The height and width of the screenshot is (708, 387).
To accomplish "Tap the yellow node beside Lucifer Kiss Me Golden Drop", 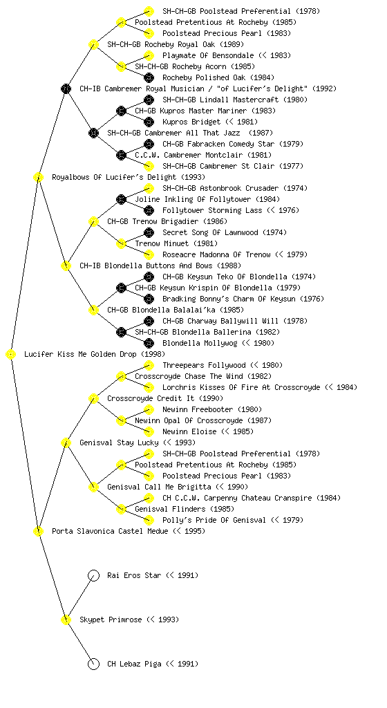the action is pos(11,355).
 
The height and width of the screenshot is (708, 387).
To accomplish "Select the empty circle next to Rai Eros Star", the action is pos(93,575).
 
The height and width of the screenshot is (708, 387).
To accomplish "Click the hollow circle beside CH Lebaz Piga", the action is pos(93,664).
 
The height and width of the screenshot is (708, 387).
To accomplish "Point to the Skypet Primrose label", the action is pos(108,619).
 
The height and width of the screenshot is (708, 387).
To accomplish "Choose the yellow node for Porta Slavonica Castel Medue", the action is pos(38,531).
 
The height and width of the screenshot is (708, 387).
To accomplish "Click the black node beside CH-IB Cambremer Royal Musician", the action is pos(66,88).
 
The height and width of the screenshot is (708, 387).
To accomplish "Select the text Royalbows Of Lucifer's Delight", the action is pos(114,177).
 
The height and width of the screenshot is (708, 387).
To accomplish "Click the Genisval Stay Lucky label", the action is pos(119,442).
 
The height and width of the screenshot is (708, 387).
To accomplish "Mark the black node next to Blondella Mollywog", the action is pos(149,343).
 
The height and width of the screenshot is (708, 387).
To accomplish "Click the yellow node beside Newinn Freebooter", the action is pos(149,409).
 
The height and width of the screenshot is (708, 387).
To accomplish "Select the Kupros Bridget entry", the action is pos(191,122).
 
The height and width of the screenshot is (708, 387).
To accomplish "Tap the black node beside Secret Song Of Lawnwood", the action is pos(149,232).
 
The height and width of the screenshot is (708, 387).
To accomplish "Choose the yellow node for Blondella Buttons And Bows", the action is pos(66,265).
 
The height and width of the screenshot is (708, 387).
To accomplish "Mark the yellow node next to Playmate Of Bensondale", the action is pos(149,55).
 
